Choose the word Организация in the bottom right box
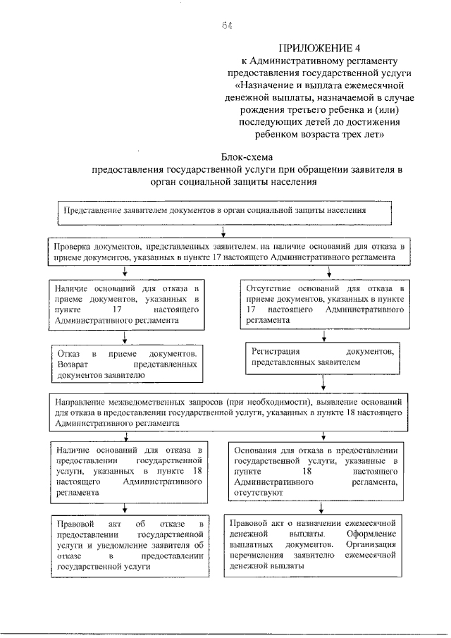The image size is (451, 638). click(374, 545)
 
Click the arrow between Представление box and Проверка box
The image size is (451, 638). click(223, 232)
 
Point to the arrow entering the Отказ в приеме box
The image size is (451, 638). click(124, 337)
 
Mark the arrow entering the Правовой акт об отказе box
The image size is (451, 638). click(125, 508)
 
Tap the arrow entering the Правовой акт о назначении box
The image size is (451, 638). click(321, 508)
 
